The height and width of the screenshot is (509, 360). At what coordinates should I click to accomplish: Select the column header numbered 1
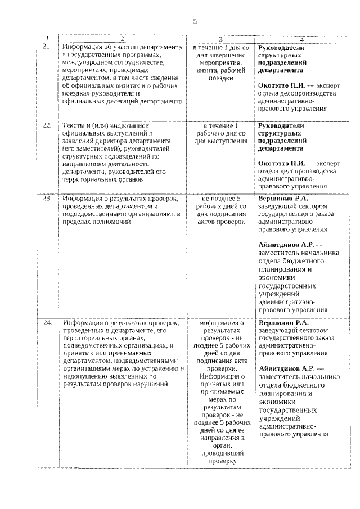47,39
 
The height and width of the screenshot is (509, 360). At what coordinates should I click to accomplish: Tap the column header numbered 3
220,39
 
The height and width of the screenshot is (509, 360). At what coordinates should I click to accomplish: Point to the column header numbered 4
301,39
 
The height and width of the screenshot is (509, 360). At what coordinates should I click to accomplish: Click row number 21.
47,47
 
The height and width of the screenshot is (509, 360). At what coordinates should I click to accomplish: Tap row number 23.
47,199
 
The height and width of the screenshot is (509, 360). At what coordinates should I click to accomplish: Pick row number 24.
47,323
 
